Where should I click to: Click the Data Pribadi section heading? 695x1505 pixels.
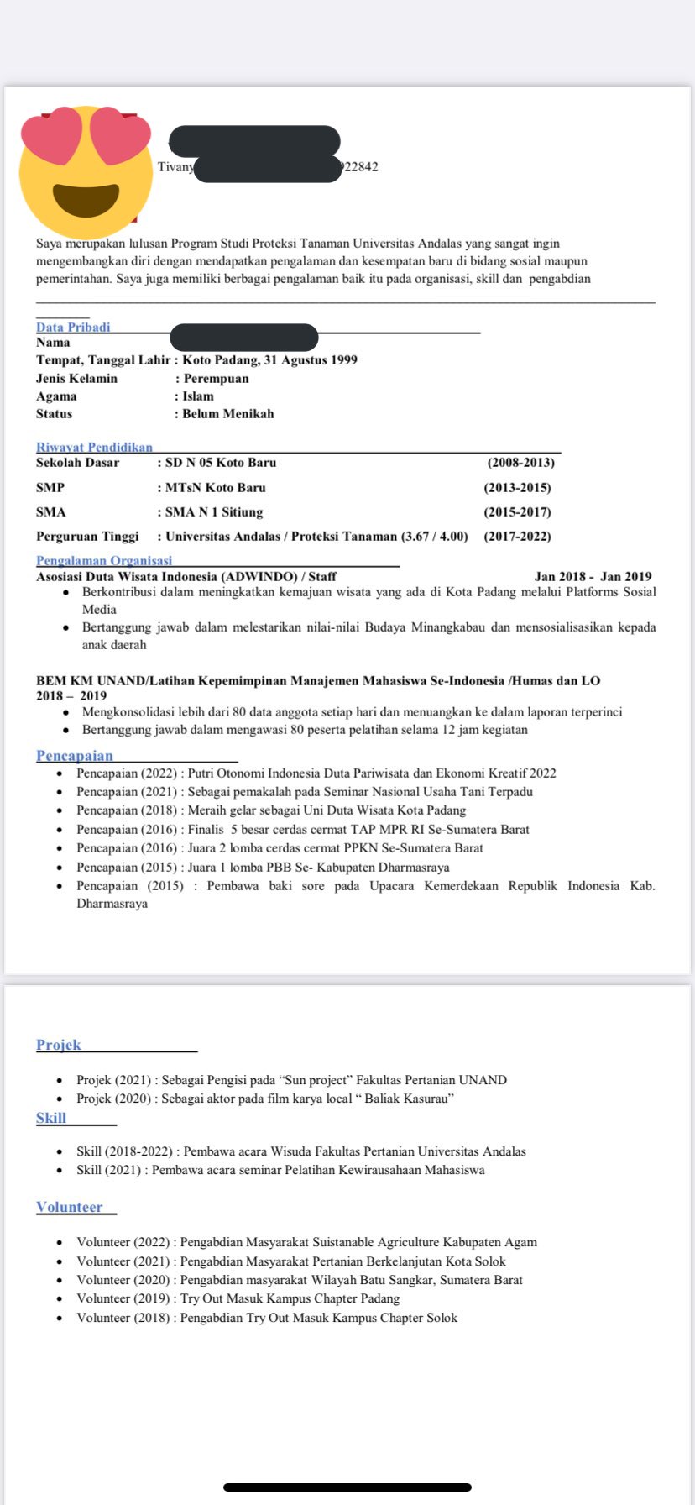coord(73,327)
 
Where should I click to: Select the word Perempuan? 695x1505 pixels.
coord(216,379)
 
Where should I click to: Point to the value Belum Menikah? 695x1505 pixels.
coord(227,414)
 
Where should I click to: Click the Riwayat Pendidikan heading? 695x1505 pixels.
coord(94,448)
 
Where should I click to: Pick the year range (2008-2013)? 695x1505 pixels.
coord(520,463)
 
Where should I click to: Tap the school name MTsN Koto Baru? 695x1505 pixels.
coord(215,488)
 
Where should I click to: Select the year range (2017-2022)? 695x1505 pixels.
coord(517,537)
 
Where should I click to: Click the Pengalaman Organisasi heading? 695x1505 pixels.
coord(103,560)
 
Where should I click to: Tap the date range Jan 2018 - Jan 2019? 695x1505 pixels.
coord(593,577)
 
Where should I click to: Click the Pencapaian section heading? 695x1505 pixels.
coord(74,756)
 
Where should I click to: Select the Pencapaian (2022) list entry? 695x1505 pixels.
coord(316,773)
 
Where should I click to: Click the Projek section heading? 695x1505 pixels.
coord(59,1045)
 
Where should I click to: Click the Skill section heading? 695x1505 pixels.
coord(51,1118)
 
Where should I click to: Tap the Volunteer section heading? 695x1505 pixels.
coord(69,1207)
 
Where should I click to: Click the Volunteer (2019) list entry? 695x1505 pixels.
coord(238,1298)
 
